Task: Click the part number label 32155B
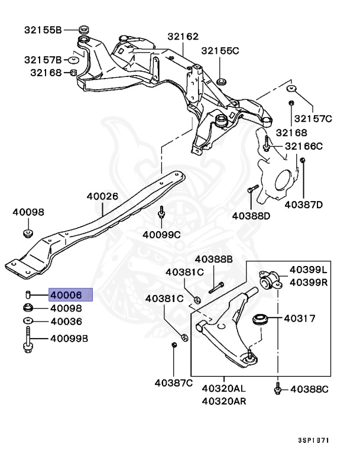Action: tap(43, 29)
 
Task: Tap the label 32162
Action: tap(183, 37)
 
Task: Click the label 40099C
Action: tap(161, 234)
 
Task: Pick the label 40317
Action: tap(299, 319)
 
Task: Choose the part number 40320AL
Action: tap(224, 390)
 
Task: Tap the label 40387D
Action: tap(303, 205)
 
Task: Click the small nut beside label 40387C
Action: tap(174, 345)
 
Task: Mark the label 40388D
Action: tap(251, 216)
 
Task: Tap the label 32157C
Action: tap(313, 119)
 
